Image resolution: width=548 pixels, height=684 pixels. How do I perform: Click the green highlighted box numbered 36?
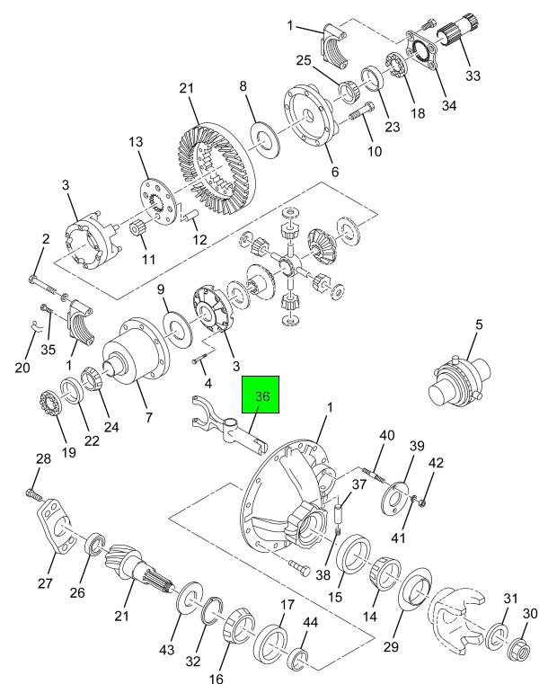[x=261, y=395]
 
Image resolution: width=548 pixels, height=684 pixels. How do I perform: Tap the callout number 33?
[x=473, y=76]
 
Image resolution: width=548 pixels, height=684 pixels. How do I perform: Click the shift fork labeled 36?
[x=227, y=425]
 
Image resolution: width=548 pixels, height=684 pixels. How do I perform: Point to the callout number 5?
[x=479, y=324]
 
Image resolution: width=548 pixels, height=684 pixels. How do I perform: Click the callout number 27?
[x=45, y=582]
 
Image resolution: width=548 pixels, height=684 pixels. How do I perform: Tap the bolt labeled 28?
[x=33, y=494]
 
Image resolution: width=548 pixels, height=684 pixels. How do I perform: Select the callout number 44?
[x=310, y=622]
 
